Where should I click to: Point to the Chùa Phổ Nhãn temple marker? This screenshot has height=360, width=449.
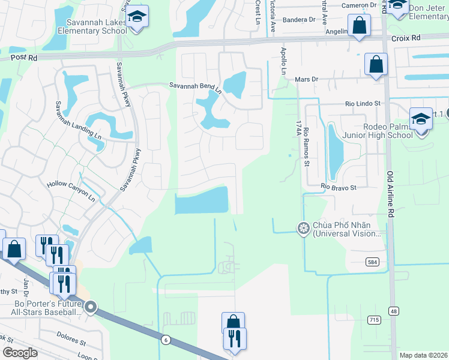[x=304, y=228]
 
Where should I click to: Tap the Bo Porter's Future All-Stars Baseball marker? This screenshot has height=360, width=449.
[x=91, y=308]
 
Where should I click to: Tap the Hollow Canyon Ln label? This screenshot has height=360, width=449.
[x=71, y=191]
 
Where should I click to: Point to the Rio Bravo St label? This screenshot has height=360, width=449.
[x=339, y=187]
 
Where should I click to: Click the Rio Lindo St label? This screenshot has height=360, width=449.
[x=363, y=103]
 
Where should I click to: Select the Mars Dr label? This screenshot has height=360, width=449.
[x=306, y=79]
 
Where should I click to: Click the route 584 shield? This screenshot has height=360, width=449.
[x=373, y=262]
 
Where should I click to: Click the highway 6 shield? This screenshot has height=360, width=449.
[x=165, y=340]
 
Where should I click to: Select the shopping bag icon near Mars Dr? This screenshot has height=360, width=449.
[x=376, y=64]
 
